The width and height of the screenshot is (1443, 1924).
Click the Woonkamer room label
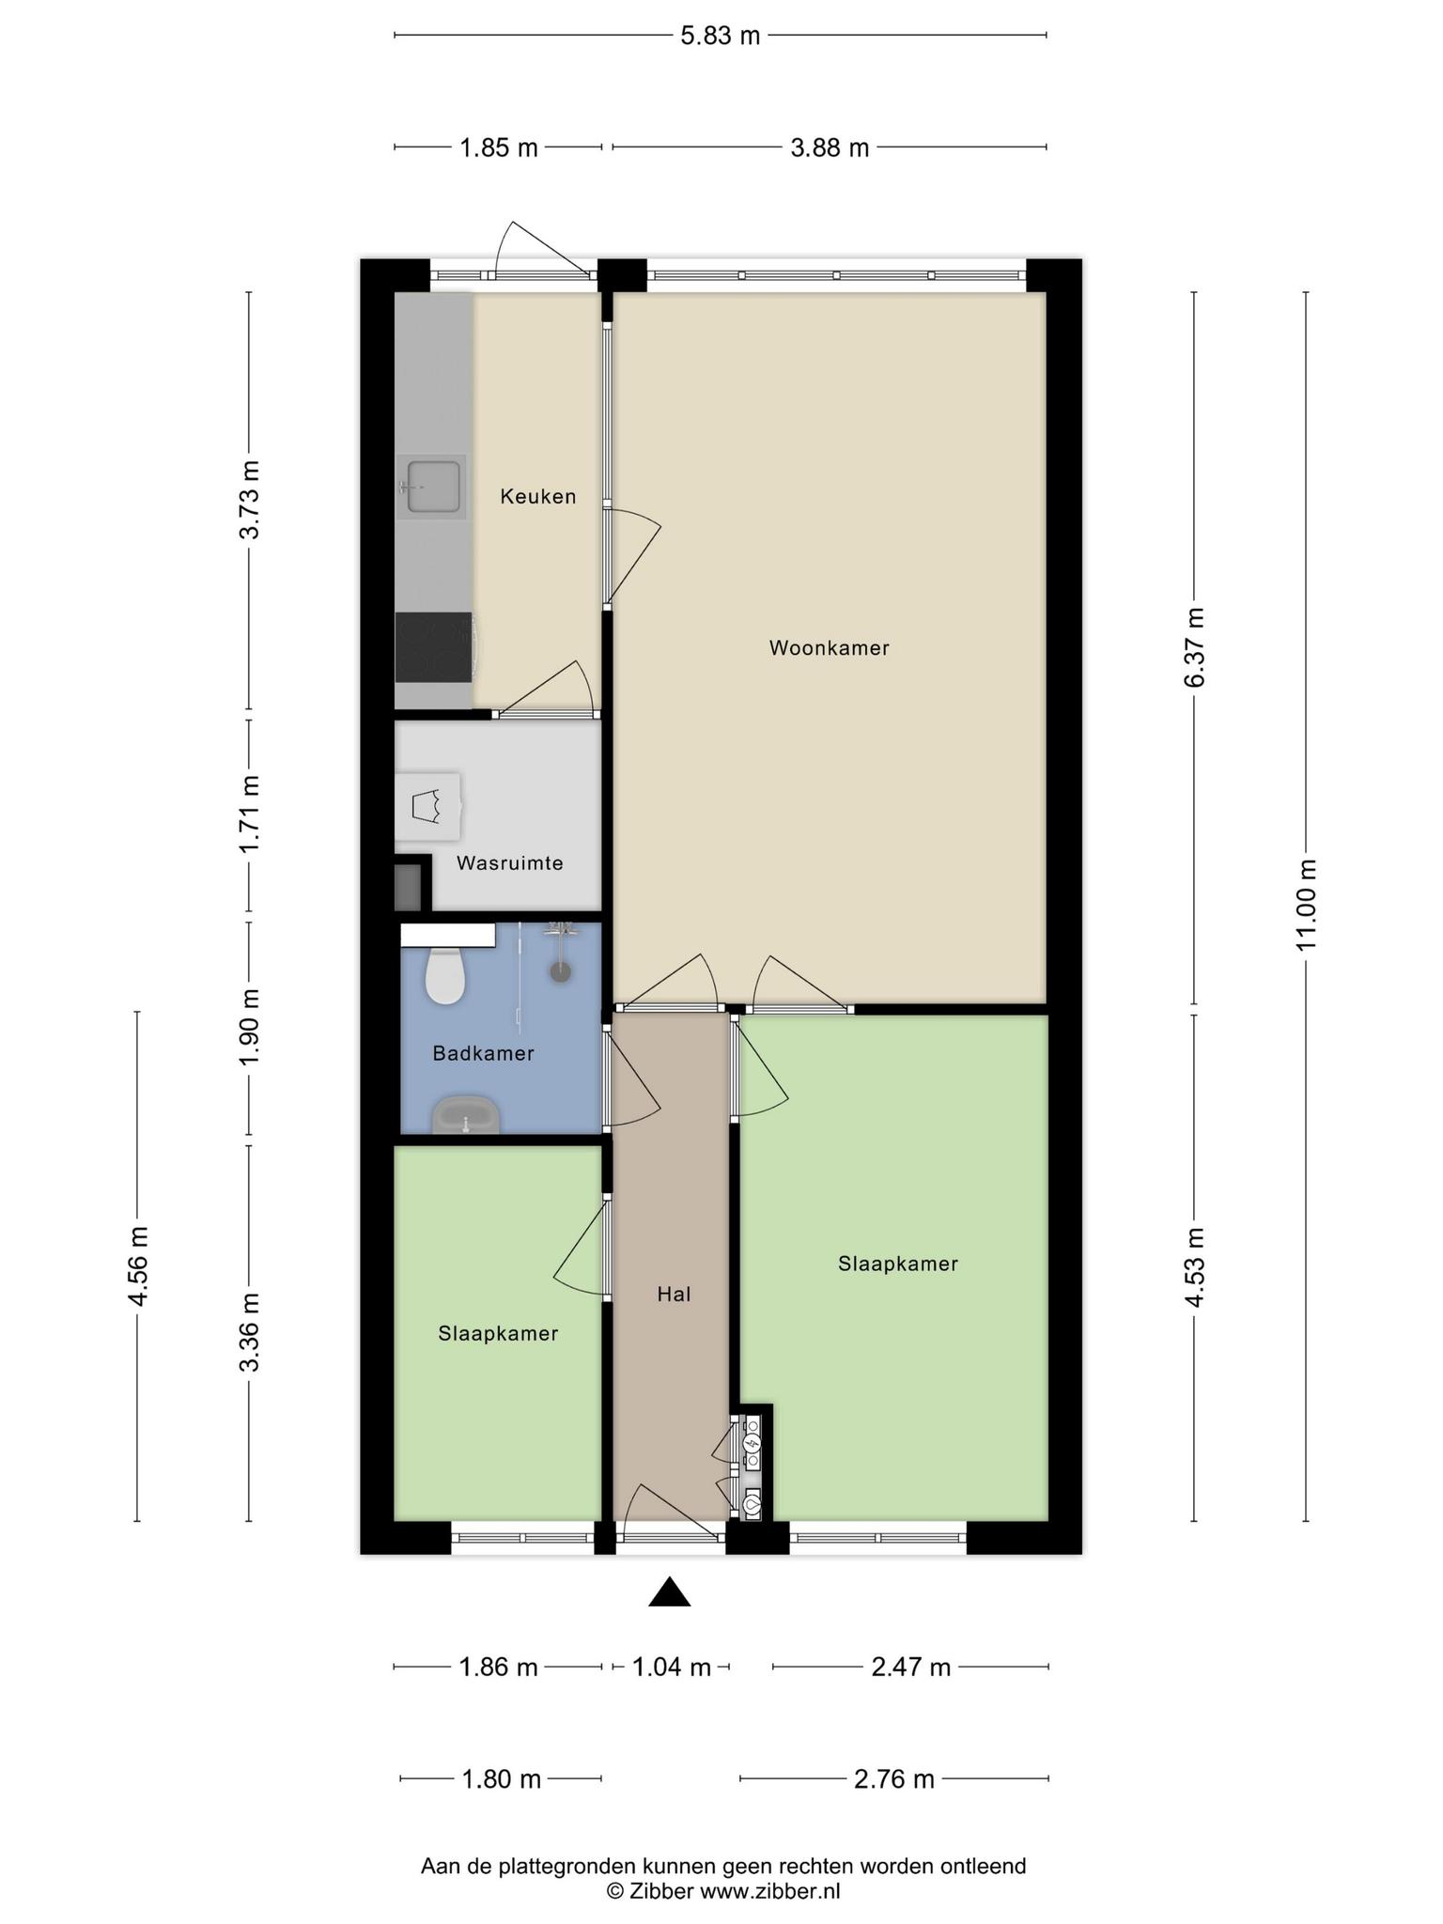pos(829,648)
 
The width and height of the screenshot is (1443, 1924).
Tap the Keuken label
pos(538,496)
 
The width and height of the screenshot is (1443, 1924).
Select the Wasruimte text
pos(510,862)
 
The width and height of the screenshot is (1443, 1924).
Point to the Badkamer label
pos(483,1053)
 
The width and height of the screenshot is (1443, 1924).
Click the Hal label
pos(674,1295)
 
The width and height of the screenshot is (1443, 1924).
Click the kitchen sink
pos(432,487)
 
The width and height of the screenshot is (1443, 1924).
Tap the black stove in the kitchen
pos(434,647)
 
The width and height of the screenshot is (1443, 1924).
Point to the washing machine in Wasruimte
pos(427,807)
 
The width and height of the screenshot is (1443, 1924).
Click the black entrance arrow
pos(670,1591)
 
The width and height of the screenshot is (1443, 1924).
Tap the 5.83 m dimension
pos(721,36)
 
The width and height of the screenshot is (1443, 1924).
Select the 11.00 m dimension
pos(1307,905)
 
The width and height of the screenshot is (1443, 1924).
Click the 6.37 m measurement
pos(1194,648)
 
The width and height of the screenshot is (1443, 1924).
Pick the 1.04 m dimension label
pos(671,1668)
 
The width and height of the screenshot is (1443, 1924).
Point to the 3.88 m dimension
pos(830,147)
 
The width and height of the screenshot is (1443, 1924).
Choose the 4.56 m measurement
pos(138,1266)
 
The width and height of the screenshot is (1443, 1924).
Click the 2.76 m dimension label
pos(894,1779)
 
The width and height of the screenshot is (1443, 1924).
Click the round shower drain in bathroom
pos(561,971)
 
